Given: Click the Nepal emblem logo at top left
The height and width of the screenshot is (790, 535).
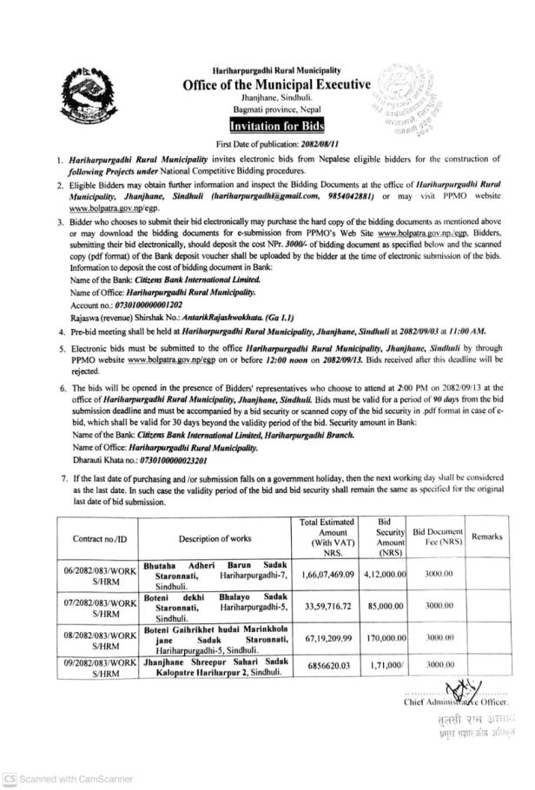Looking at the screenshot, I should (x=84, y=97).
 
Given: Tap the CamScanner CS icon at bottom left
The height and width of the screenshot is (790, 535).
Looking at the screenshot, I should (x=10, y=779).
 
